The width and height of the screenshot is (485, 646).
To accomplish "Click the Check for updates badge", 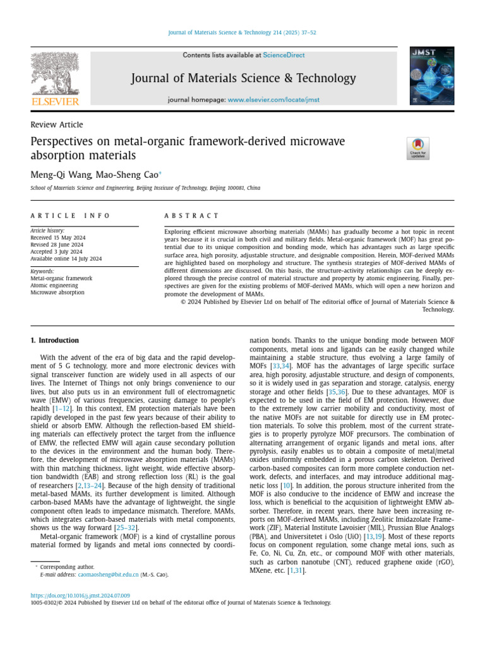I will [x=418, y=148].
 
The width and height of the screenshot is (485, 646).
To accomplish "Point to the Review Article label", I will [x=57, y=125].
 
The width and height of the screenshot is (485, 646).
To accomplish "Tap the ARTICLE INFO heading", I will [x=70, y=216].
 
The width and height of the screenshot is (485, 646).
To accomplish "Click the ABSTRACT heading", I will [x=191, y=216].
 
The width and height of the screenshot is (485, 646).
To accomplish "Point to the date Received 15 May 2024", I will [x=58, y=238].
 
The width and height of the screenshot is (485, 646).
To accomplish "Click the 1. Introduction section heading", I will [x=55, y=341].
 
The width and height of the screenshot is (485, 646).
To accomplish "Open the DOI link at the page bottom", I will [x=80, y=595].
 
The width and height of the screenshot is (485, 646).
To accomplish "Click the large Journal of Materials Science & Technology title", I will [x=243, y=78].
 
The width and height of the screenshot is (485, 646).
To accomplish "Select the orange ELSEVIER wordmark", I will [x=55, y=102].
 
